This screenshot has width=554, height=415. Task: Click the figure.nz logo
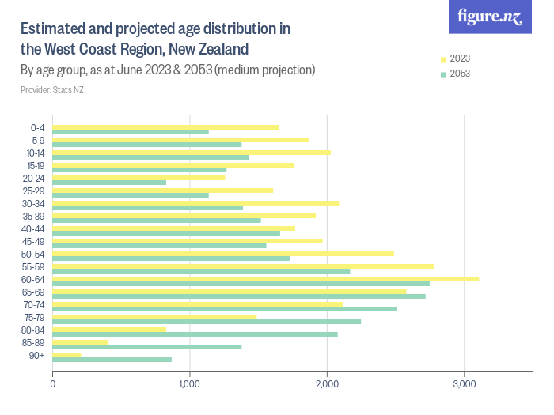490,17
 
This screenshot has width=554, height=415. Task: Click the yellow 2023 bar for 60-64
265,279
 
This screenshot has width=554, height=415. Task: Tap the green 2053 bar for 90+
112,360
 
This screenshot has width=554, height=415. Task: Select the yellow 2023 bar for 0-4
165,127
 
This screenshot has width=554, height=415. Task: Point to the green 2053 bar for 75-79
207,322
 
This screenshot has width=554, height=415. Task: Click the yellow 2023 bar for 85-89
80,342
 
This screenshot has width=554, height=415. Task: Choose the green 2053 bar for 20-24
109,183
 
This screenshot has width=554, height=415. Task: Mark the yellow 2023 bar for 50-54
222,254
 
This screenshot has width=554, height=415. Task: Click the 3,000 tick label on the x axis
464,384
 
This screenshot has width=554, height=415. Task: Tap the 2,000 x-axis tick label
327,384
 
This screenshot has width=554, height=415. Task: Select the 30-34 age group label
35,203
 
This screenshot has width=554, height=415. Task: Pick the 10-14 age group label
35,153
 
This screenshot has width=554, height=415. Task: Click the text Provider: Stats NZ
52,89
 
